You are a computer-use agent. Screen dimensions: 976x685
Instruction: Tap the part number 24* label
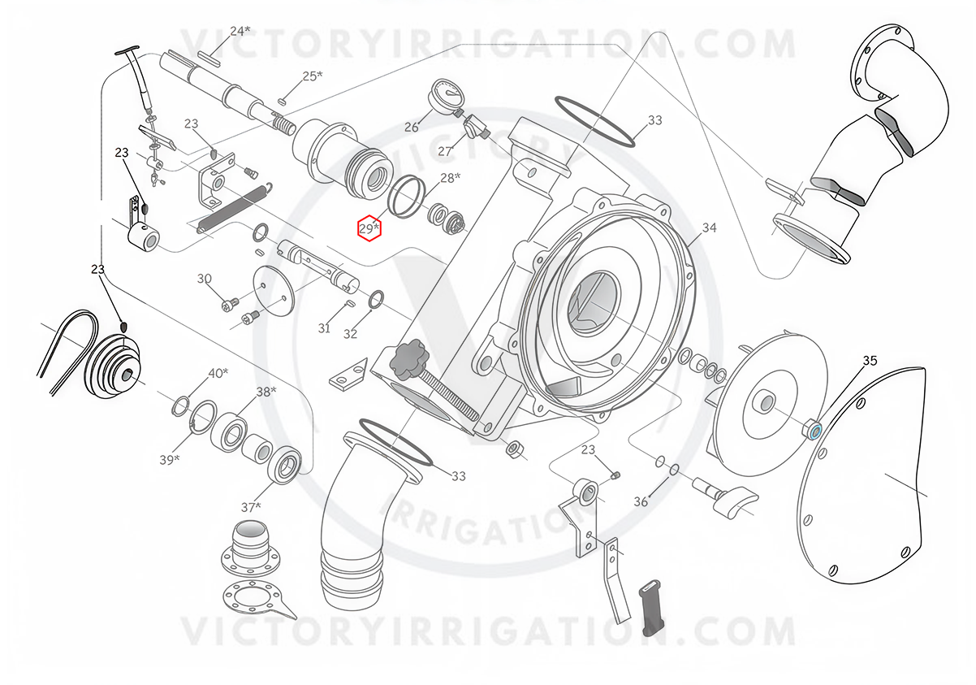[x=240, y=31]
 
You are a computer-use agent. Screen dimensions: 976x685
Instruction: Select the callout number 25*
[x=313, y=76]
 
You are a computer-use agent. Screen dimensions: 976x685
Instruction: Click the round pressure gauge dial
[x=445, y=94]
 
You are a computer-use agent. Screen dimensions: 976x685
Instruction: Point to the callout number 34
[x=710, y=228]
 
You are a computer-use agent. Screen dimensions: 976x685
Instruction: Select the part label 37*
[x=251, y=507]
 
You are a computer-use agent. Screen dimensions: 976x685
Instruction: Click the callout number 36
[x=641, y=502]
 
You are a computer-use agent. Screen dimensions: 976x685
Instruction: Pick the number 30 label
[x=205, y=278]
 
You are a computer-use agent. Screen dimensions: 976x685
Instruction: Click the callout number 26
[x=411, y=128]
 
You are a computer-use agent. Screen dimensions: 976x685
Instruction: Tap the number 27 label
[x=445, y=151]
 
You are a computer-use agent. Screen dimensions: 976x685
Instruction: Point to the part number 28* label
[x=450, y=177]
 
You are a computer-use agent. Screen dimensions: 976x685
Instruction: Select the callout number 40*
[x=218, y=373]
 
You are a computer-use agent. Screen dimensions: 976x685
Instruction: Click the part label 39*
[x=170, y=460]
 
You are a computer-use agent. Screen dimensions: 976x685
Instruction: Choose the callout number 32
[x=350, y=333]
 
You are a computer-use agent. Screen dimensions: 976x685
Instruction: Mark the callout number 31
[x=324, y=328]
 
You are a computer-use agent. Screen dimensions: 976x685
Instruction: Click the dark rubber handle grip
[x=650, y=607]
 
